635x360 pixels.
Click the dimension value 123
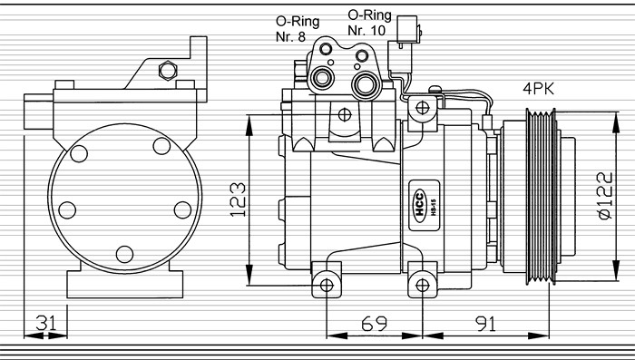coord(238,199)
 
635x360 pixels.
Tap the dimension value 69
coord(374,323)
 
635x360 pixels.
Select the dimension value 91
coord(485,324)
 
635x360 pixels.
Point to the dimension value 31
coord(46,323)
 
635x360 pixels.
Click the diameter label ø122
coord(605,196)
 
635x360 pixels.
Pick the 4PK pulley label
coord(538,89)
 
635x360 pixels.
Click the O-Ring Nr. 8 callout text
coord(298,29)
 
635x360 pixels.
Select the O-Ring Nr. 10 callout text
coord(369,23)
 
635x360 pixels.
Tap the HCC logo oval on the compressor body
coord(420,205)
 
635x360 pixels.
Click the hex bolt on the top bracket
coord(168,71)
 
